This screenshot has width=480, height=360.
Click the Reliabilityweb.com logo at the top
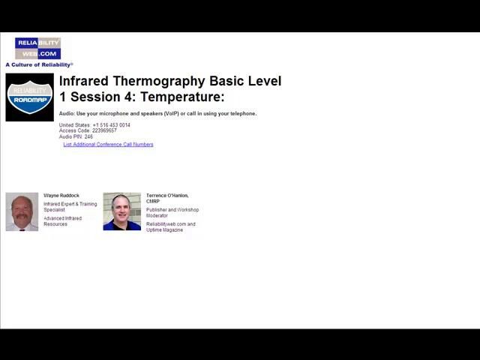37,48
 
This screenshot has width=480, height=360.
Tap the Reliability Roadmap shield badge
29,97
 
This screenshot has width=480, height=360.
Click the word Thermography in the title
158,81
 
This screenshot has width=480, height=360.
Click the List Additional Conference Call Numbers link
108,145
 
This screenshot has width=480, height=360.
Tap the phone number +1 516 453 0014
111,125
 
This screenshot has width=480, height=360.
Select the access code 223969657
104,130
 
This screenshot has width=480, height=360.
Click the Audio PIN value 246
88,136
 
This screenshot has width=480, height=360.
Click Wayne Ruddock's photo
22,212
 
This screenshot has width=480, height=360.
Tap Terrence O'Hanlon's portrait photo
121,211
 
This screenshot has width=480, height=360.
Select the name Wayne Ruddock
61,196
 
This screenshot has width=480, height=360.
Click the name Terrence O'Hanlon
166,196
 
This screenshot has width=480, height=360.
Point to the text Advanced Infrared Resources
62,221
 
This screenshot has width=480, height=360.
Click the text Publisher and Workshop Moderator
172,213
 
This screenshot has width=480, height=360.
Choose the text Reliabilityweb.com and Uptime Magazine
170,227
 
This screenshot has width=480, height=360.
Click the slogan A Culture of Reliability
39,65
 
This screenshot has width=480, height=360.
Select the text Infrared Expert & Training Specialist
70,207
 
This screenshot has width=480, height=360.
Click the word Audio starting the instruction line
67,114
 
